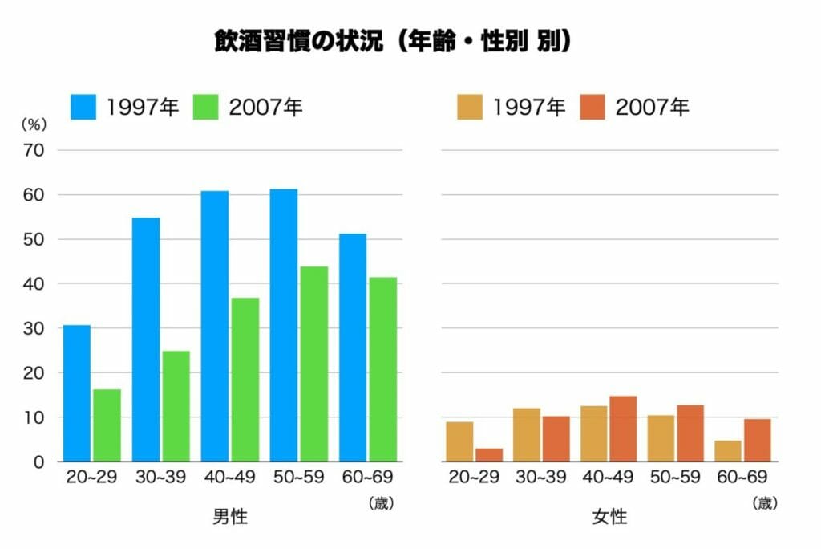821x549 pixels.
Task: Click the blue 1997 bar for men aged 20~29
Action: click(x=77, y=393)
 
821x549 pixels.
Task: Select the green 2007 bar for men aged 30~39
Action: click(x=176, y=406)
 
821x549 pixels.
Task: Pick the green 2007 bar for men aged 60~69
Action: click(x=383, y=369)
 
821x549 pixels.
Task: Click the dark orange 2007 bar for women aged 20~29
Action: click(x=489, y=455)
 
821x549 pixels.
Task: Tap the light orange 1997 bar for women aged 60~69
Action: click(x=728, y=451)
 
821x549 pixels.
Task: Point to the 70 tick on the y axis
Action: click(x=36, y=150)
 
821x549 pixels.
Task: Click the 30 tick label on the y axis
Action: click(x=36, y=328)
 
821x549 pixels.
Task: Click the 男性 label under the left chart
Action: click(x=230, y=517)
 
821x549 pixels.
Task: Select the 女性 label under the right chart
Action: click(x=609, y=517)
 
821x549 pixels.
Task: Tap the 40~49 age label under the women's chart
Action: click(x=609, y=478)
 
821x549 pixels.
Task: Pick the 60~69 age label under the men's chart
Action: click(x=367, y=478)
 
